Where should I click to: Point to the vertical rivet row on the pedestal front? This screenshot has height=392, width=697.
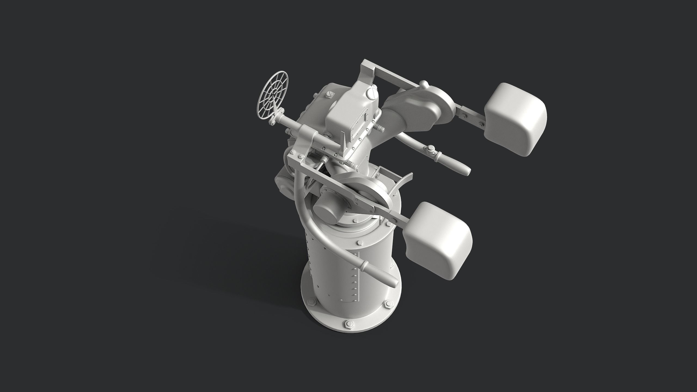[354, 272]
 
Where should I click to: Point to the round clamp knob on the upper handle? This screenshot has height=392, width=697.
[430, 148]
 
